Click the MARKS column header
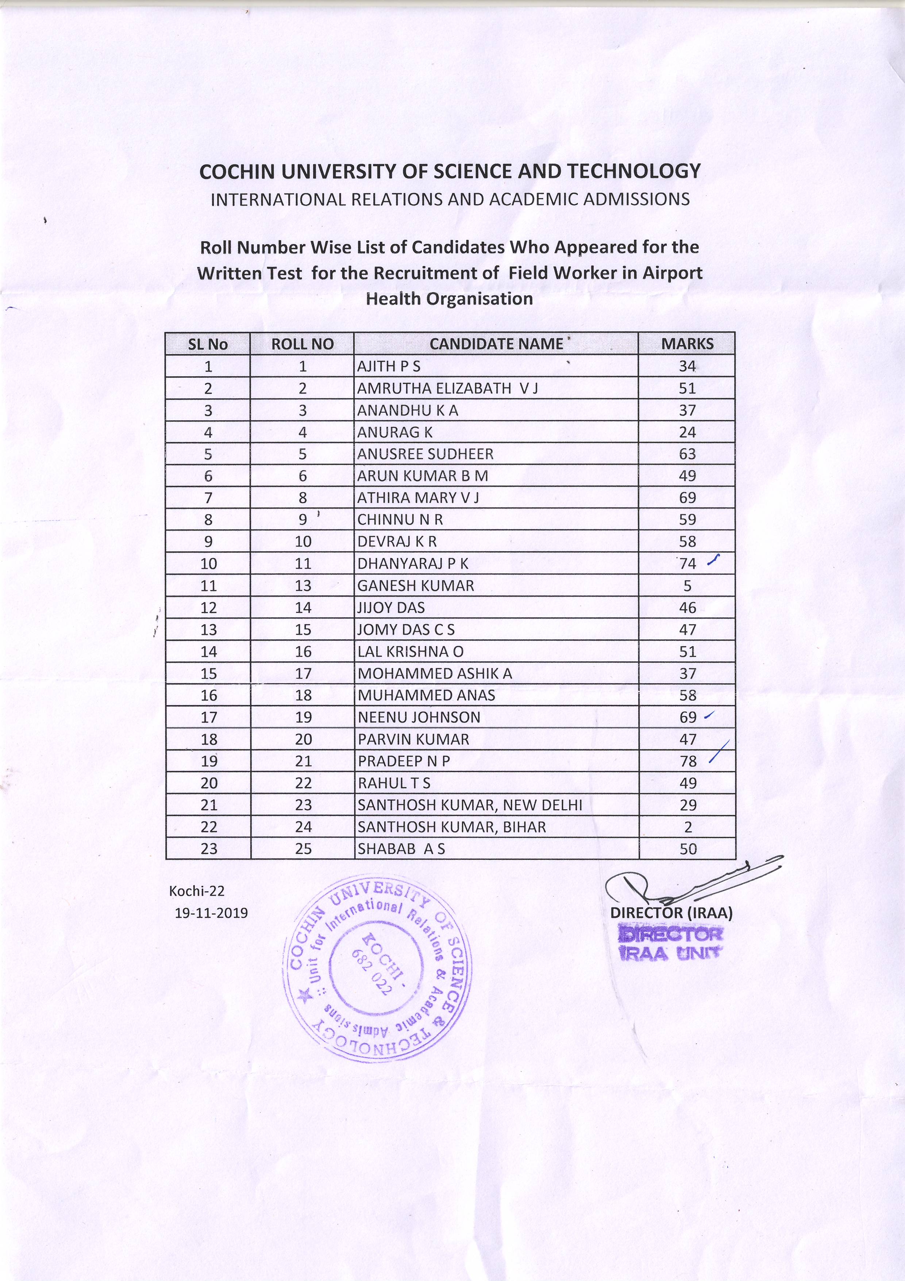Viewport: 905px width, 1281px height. [687, 344]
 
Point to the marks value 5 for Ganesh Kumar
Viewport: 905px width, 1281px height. [688, 586]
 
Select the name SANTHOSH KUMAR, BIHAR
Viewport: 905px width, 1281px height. [452, 827]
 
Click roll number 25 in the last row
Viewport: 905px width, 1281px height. [303, 849]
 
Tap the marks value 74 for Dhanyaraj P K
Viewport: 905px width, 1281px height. [688, 563]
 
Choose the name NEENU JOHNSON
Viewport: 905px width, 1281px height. [419, 718]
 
